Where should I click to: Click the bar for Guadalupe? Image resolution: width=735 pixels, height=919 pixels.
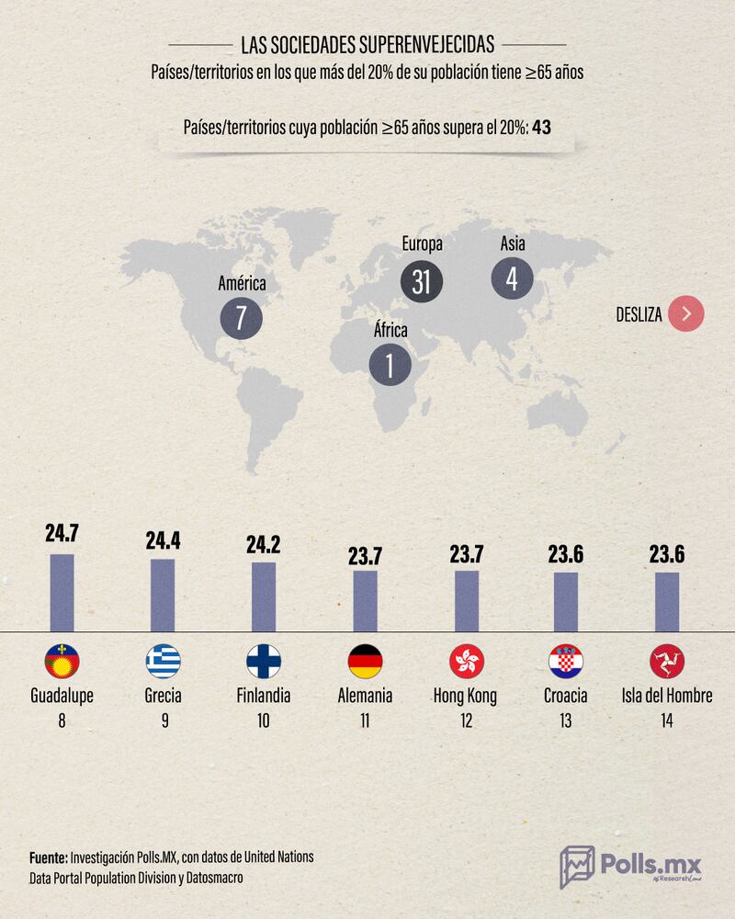[x=62, y=593]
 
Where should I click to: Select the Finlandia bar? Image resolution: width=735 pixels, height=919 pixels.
[x=264, y=596]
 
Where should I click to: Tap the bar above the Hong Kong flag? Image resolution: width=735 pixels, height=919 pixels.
[x=467, y=601]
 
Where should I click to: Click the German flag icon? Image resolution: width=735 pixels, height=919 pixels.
[x=366, y=662]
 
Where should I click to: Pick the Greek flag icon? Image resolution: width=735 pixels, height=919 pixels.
[x=164, y=662]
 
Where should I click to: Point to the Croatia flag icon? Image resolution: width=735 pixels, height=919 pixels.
[x=566, y=662]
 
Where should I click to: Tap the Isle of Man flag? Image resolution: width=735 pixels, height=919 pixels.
[x=667, y=662]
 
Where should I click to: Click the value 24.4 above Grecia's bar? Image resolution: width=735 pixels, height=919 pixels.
[x=163, y=540]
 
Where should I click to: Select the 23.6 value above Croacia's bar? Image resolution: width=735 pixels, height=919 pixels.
[x=566, y=555]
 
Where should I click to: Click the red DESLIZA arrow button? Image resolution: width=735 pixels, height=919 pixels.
[x=686, y=314]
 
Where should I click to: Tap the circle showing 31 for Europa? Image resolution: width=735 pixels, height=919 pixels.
[x=422, y=281]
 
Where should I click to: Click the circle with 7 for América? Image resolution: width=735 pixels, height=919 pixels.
[x=242, y=319]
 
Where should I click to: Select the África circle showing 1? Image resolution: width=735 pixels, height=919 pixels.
[x=390, y=366]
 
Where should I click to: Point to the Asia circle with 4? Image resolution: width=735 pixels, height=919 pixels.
[x=512, y=278]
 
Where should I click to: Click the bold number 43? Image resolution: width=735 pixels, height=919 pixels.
[x=541, y=128]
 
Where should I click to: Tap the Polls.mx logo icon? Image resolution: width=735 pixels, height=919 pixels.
[x=577, y=867]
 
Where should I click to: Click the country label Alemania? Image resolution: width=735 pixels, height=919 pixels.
[x=366, y=696]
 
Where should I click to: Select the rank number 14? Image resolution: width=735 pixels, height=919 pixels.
[x=667, y=721]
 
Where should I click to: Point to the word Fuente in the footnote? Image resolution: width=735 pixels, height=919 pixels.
[x=48, y=857]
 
